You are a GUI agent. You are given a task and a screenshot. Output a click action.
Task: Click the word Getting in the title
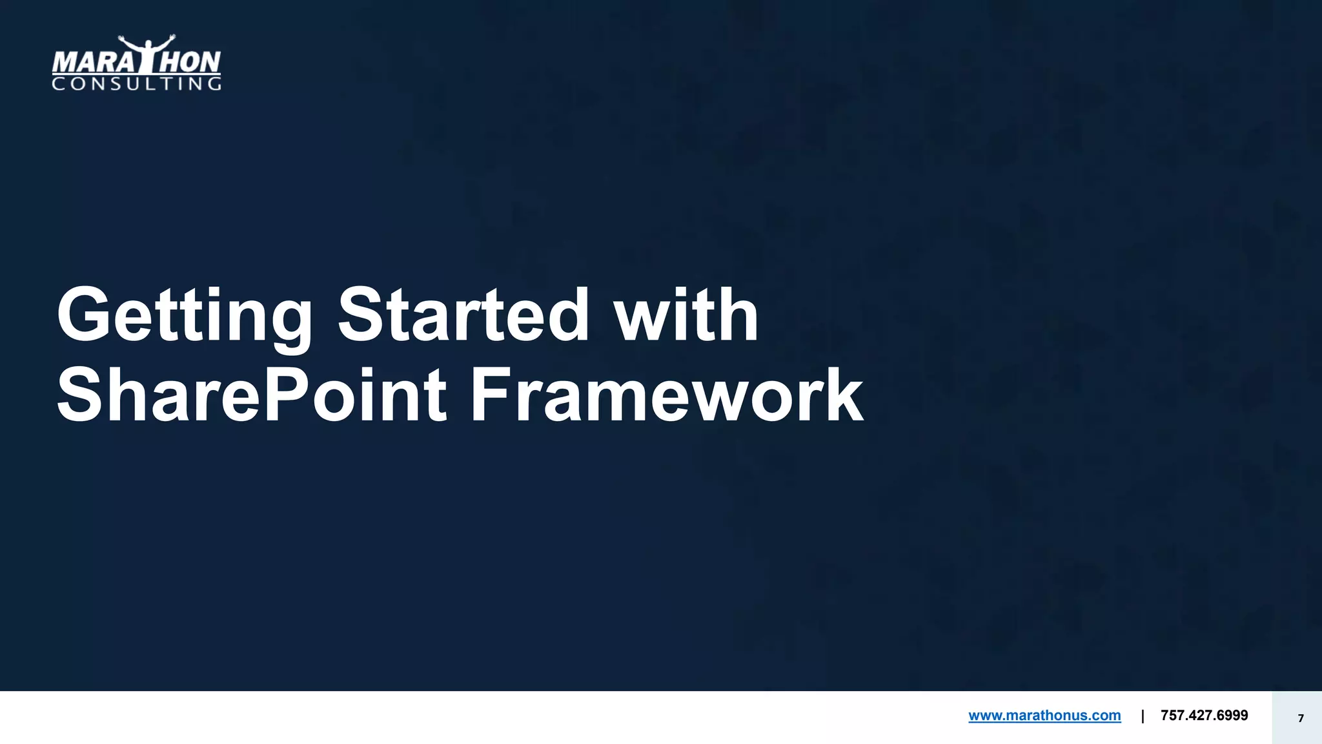click(x=185, y=316)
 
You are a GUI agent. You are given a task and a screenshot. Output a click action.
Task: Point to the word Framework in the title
click(x=666, y=395)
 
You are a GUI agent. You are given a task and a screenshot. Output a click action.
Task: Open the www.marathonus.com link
click(x=1044, y=716)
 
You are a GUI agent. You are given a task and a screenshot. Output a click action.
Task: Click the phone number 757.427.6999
click(x=1204, y=716)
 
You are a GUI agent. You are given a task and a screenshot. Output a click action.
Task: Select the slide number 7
click(x=1301, y=718)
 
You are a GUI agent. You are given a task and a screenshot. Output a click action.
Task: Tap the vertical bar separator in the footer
click(x=1143, y=716)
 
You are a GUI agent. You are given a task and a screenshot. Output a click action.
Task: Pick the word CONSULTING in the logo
click(x=136, y=84)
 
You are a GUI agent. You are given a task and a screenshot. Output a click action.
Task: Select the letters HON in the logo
click(x=190, y=63)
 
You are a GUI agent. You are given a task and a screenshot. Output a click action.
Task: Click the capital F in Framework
click(x=491, y=395)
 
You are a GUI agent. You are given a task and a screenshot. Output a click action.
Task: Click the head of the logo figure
click(x=148, y=44)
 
